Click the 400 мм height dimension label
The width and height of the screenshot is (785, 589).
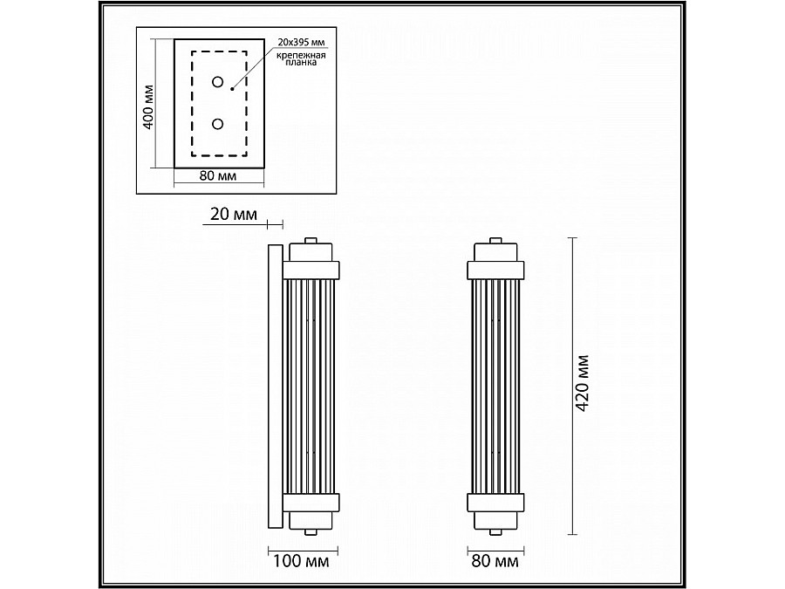tap(148, 106)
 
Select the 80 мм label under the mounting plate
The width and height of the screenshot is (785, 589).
tap(218, 175)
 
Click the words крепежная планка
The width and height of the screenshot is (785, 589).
tap(302, 58)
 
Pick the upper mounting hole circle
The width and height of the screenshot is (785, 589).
tap(217, 82)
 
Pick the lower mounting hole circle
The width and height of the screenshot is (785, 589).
tap(217, 124)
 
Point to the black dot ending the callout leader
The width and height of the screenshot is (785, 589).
tap(232, 89)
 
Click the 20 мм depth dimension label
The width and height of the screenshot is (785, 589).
tap(233, 215)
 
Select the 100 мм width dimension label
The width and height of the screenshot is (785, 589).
tap(301, 561)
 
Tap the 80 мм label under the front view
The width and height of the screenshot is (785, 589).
tap(495, 561)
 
